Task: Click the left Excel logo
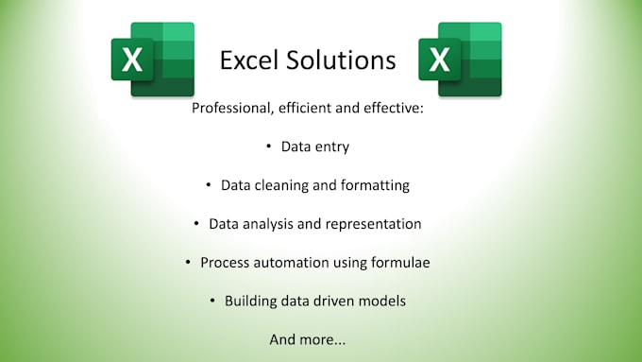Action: [152, 60]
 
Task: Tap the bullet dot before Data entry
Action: [269, 147]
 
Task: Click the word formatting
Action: [376, 185]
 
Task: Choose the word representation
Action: [376, 224]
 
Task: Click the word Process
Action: [226, 262]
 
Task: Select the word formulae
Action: [400, 262]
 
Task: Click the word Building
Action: [253, 301]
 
